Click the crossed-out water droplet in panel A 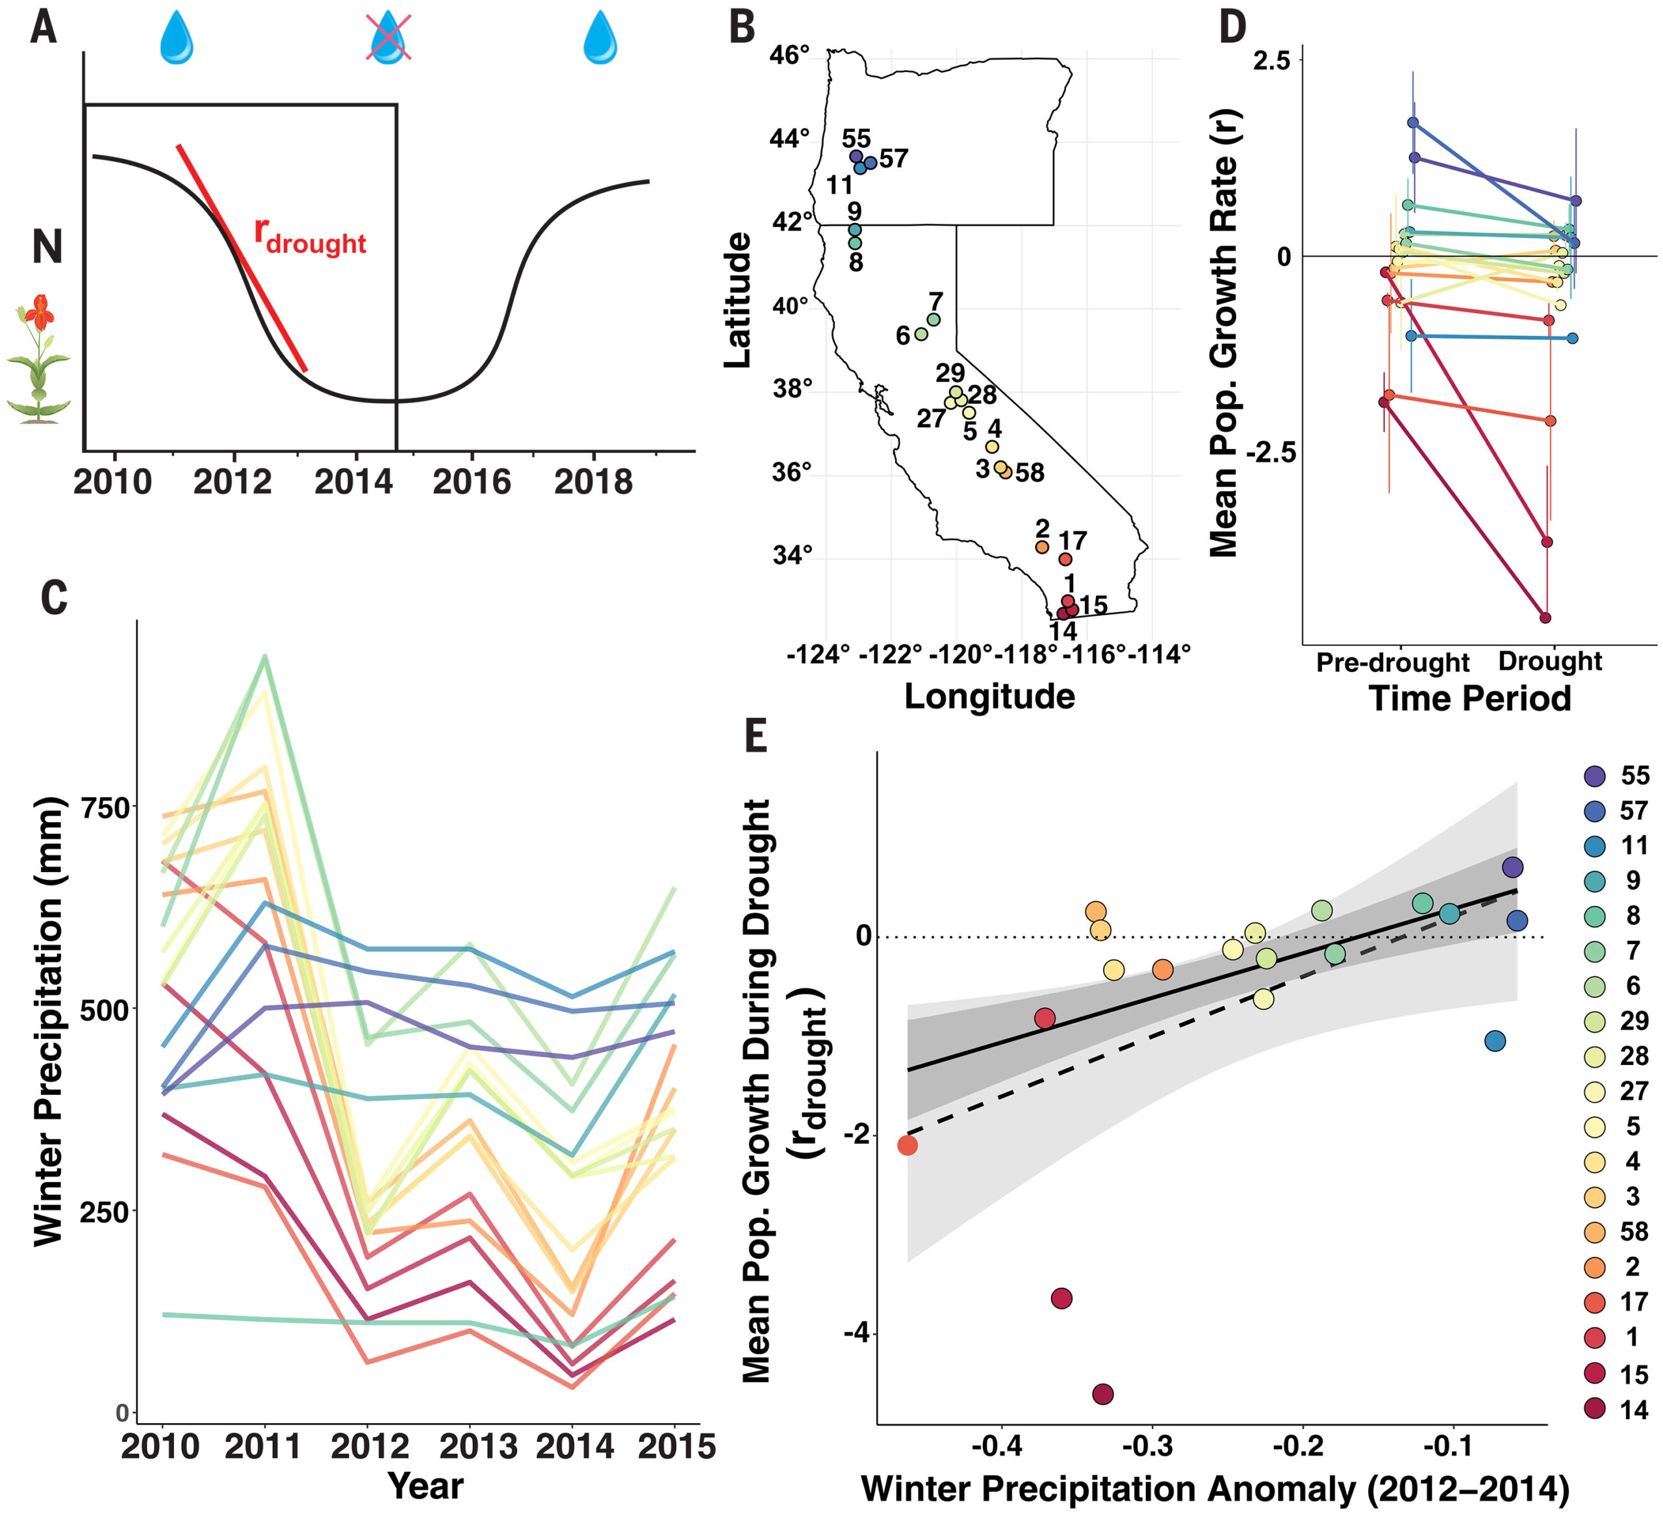click(x=388, y=38)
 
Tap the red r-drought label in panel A click(x=309, y=236)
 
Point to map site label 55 click(x=856, y=138)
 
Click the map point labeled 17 click(x=1065, y=559)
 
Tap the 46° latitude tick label click(x=789, y=55)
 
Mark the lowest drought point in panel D click(x=1545, y=617)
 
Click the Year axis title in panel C click(x=425, y=1486)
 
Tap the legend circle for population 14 click(x=1595, y=1410)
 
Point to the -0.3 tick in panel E click(x=1150, y=1446)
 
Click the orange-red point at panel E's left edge click(x=908, y=1145)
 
